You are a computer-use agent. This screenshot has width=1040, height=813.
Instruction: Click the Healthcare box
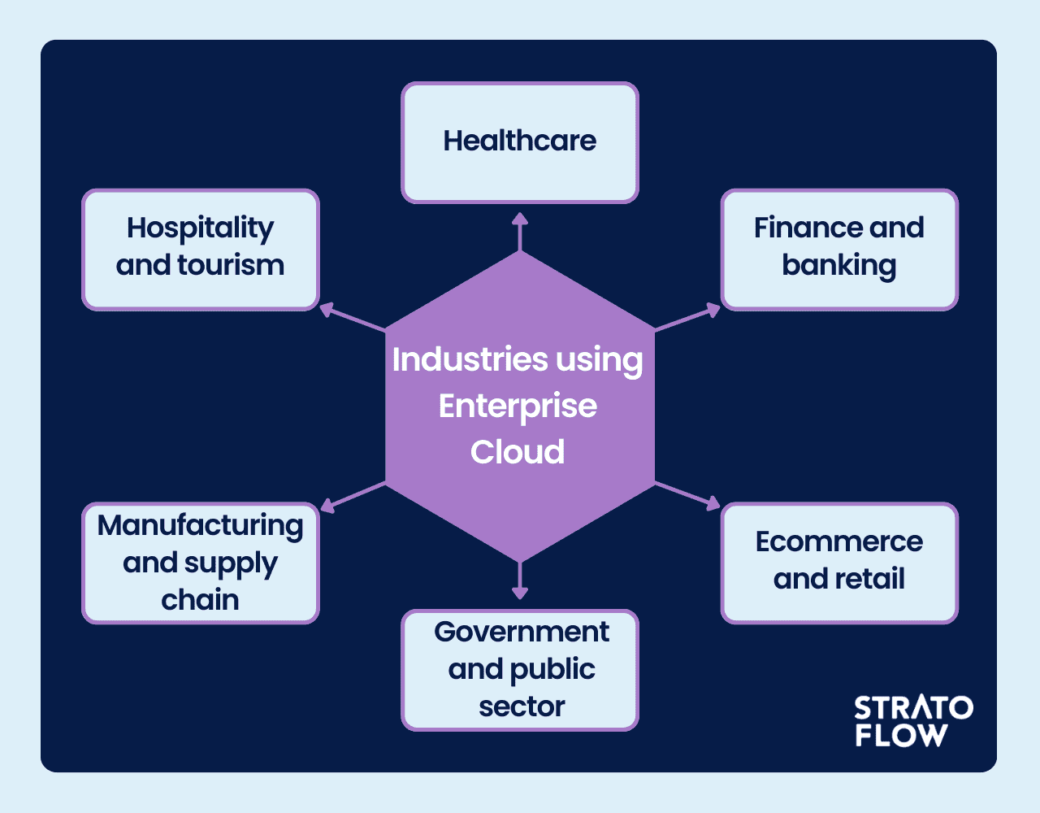point(520,142)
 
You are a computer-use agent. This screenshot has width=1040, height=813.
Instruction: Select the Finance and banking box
point(839,250)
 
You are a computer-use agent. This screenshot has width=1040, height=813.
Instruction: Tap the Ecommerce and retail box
point(839,563)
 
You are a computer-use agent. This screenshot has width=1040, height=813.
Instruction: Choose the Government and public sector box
point(520,670)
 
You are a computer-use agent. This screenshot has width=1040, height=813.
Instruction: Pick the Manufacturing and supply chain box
point(200,563)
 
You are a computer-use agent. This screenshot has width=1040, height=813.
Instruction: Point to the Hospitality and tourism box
point(200,250)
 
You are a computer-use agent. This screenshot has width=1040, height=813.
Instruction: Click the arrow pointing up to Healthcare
point(520,232)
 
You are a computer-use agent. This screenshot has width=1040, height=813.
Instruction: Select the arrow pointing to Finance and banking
point(687,319)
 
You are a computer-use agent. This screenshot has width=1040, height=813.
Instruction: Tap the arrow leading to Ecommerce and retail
point(687,495)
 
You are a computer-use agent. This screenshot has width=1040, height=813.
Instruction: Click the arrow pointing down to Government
point(520,580)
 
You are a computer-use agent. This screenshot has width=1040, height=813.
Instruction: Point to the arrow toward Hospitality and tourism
point(353,318)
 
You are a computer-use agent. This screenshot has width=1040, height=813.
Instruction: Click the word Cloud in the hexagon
point(518,452)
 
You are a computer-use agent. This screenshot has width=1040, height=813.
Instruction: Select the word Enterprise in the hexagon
point(518,406)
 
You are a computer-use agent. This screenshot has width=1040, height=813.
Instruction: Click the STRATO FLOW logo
point(913,720)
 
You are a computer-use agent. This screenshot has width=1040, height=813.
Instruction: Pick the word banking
point(839,266)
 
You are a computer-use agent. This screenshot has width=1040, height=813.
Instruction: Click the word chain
point(200,600)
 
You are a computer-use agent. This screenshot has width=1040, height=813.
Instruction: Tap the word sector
point(521,706)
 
